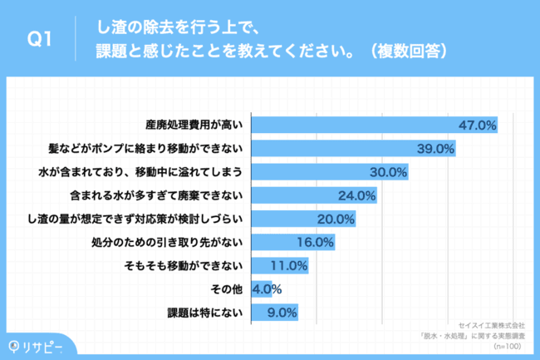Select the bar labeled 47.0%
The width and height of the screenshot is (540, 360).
tap(374, 125)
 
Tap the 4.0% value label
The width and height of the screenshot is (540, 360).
tap(267, 289)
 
